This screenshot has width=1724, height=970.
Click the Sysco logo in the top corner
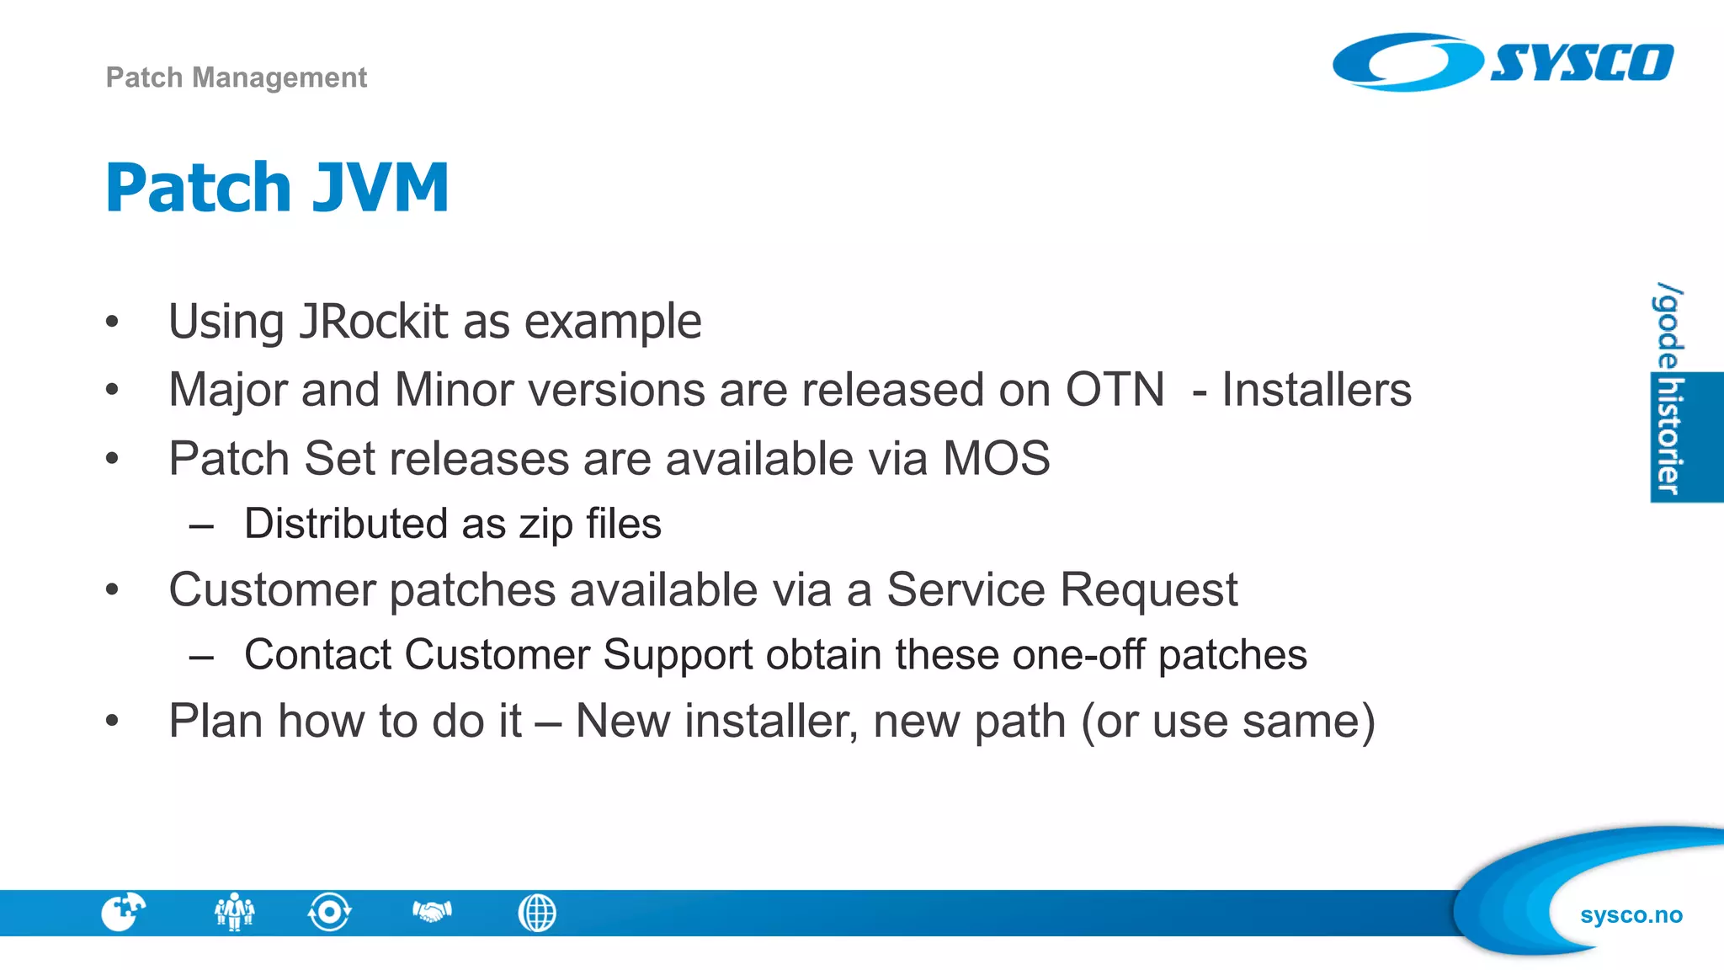pyautogui.click(x=1503, y=62)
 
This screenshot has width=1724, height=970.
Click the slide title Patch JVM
pyautogui.click(x=277, y=187)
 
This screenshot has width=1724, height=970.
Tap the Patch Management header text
pyautogui.click(x=237, y=77)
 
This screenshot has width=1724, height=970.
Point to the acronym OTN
pyautogui.click(x=1115, y=390)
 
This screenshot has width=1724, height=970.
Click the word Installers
pyautogui.click(x=1317, y=390)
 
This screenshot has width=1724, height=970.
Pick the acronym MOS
pyautogui.click(x=996, y=459)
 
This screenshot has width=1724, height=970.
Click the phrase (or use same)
pyautogui.click(x=1228, y=722)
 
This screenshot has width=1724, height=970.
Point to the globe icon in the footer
pyautogui.click(x=537, y=913)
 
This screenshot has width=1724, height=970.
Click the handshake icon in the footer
pyautogui.click(x=432, y=912)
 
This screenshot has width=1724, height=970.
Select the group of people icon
pyautogui.click(x=234, y=912)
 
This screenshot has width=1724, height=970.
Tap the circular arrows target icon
pyautogui.click(x=329, y=912)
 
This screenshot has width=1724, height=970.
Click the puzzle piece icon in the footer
pyautogui.click(x=123, y=912)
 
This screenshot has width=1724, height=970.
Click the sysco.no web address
pyautogui.click(x=1631, y=915)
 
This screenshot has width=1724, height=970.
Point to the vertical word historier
pyautogui.click(x=1669, y=437)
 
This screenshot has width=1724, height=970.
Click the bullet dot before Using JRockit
pyautogui.click(x=112, y=322)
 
